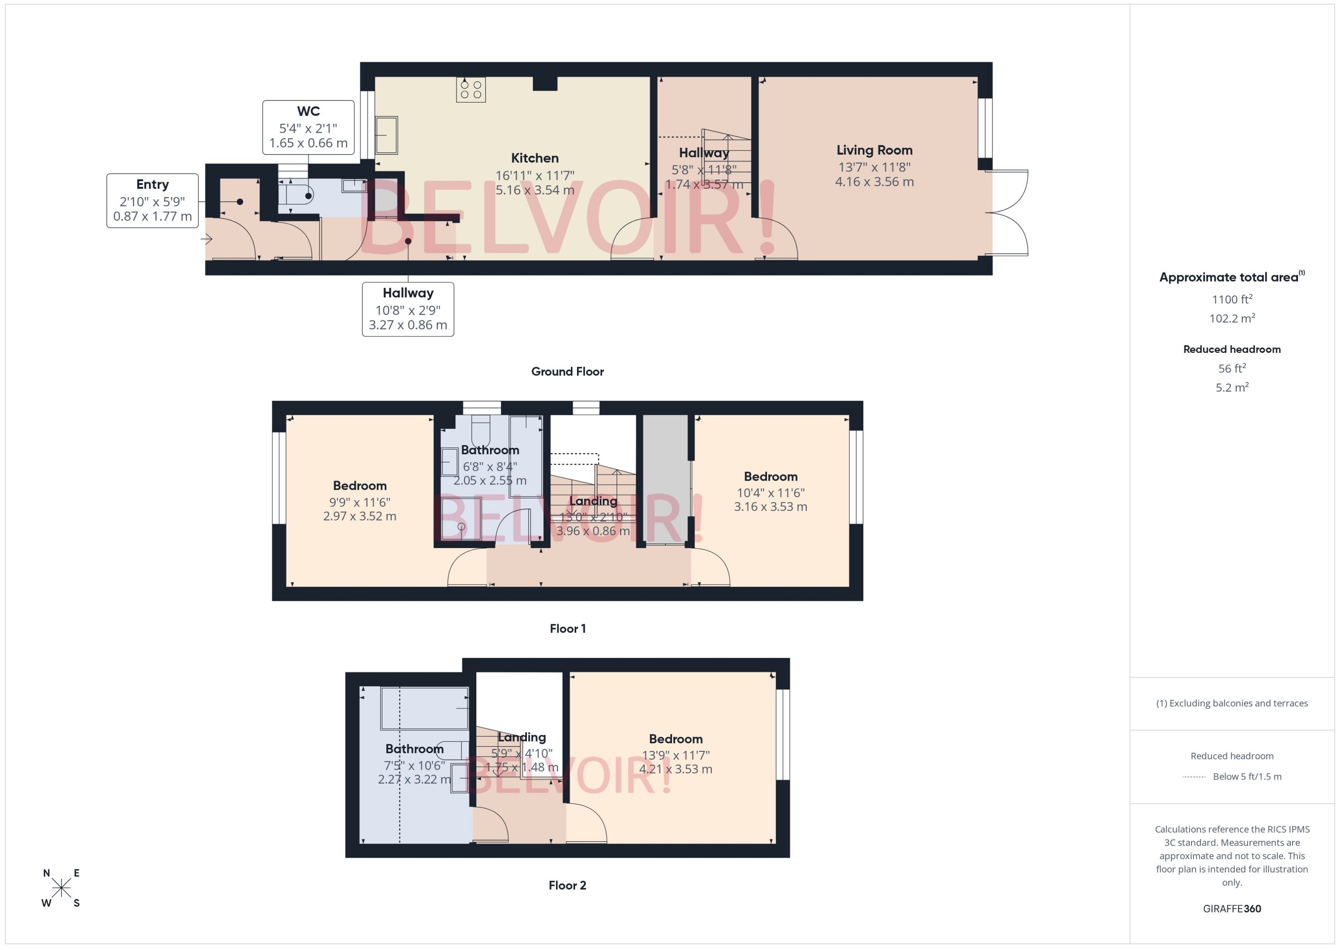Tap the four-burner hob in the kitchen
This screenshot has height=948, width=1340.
[471, 89]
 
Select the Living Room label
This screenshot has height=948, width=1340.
[874, 151]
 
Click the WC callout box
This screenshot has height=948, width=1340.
[308, 127]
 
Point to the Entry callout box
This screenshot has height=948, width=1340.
[152, 200]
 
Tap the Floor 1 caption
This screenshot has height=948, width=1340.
[567, 629]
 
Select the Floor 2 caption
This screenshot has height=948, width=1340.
[567, 886]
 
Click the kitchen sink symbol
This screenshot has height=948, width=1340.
[387, 135]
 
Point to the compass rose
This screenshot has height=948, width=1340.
[61, 888]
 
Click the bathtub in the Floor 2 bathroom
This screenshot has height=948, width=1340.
[425, 708]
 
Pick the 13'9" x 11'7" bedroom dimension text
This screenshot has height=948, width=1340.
[675, 755]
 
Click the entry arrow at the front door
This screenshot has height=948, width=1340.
[207, 239]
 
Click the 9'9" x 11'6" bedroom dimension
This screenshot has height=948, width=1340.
[360, 502]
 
